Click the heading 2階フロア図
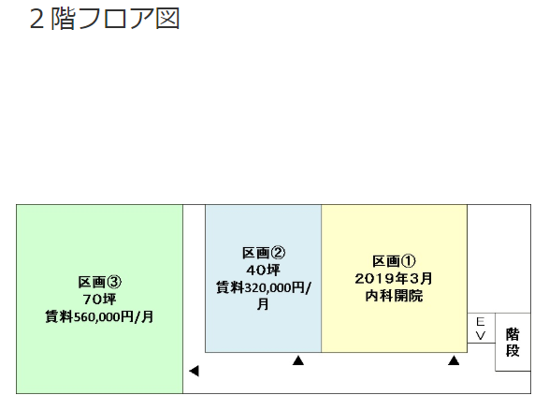[105, 19]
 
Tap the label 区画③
[100, 282]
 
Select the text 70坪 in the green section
[100, 300]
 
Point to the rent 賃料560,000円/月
[100, 316]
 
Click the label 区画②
[264, 253]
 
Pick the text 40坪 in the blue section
[264, 271]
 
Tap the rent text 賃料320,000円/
[264, 287]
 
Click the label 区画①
[394, 261]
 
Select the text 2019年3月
[394, 279]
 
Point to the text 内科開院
[394, 296]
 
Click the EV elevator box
[481, 329]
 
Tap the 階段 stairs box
[513, 342]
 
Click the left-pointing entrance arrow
[194, 371]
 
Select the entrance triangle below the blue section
[298, 360]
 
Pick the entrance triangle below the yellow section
[454, 360]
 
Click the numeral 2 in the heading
[36, 20]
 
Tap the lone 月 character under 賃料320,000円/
[264, 304]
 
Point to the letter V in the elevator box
[481, 336]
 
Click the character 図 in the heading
[167, 19]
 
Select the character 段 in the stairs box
[513, 350]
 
